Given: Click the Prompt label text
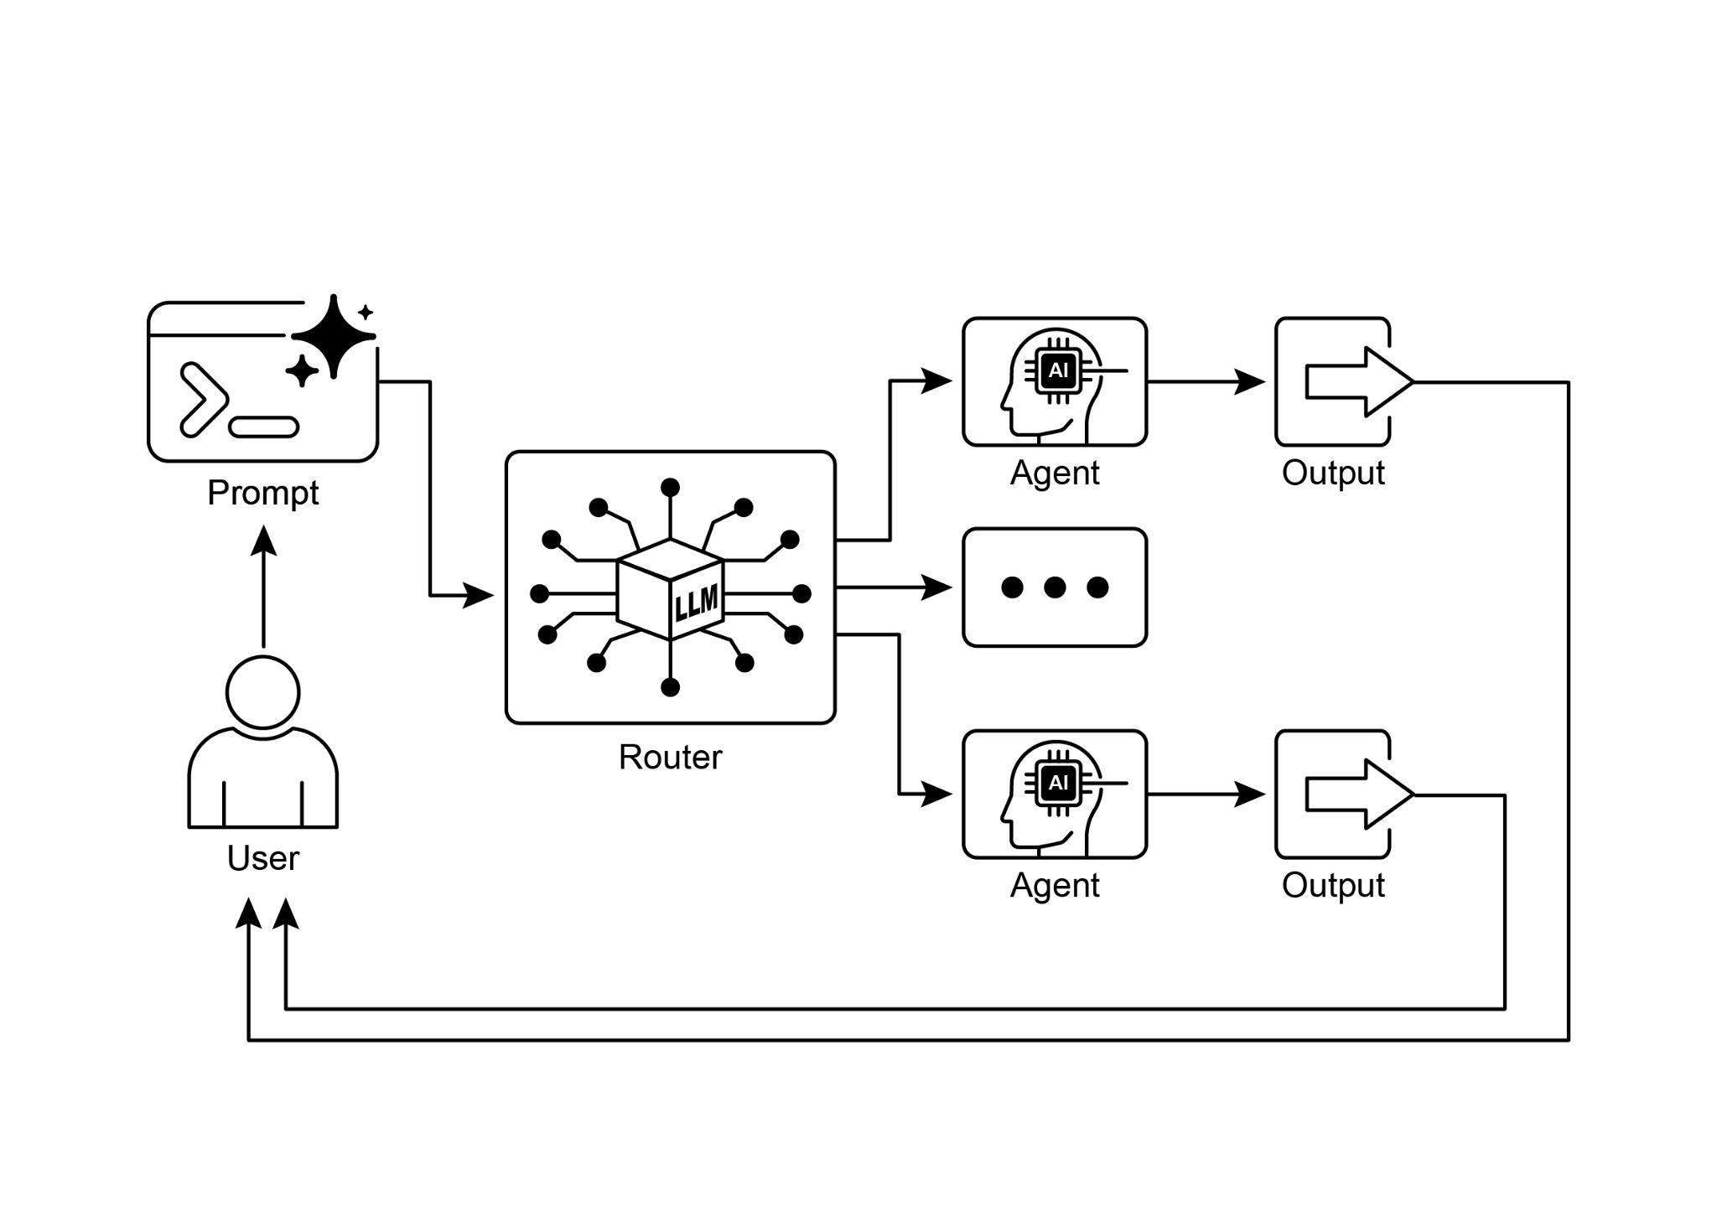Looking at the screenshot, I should pos(262,493).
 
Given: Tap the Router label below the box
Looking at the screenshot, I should pos(670,757).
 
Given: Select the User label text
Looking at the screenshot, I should pos(262,858).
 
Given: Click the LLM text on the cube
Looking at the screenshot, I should pos(697,603).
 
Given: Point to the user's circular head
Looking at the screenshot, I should pos(262,692).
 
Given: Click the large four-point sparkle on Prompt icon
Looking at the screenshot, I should pos(334,336).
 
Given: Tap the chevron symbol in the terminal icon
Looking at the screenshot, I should pos(203,399).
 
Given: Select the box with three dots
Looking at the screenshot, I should pos(1054,587).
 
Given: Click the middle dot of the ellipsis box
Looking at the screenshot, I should pos(1054,587).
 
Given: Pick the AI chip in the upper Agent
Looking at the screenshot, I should pos(1058,370).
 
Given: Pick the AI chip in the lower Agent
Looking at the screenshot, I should pos(1058,782).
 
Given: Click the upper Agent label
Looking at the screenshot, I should pos(1054,473).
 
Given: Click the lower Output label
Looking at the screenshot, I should pos(1332,885).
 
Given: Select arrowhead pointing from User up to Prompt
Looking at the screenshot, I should pos(264,540).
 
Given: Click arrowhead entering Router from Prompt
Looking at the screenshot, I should pos(479,596).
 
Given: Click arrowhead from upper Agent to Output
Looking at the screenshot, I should pos(1250,381).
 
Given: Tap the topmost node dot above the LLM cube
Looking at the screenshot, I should pos(670,488).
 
